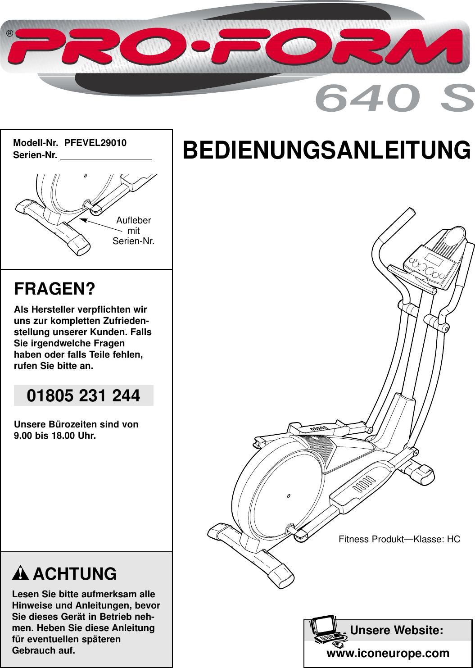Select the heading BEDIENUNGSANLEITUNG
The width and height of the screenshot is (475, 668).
pos(326,150)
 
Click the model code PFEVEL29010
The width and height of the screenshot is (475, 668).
pos(95,143)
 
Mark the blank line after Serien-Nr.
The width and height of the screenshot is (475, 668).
pos(106,156)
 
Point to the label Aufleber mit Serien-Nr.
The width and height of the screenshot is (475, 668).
pos(133,231)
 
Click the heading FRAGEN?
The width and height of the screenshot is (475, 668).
pos(55,289)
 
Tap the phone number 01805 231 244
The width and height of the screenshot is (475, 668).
pos(83,395)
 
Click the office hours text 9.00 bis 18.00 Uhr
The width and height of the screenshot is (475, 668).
pos(55,436)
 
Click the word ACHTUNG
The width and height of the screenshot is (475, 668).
pos(75,574)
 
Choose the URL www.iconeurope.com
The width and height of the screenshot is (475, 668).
pos(388,653)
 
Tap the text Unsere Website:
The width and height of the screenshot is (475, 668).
pos(396,630)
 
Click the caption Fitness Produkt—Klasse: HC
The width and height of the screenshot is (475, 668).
pos(399,539)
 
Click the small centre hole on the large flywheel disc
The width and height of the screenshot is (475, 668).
pos(289,496)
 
